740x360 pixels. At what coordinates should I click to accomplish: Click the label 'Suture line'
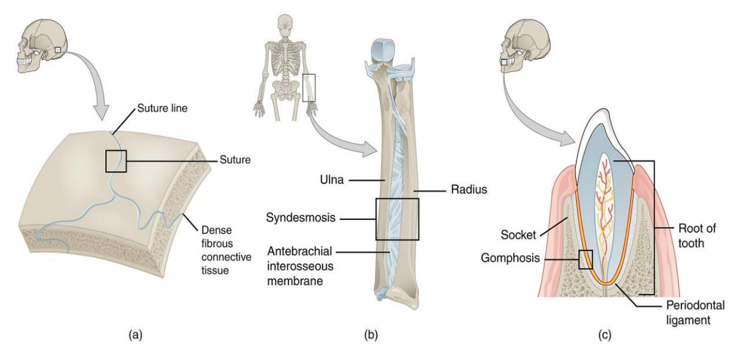coord(162,108)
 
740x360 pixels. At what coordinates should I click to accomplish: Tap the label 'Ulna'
coord(332,180)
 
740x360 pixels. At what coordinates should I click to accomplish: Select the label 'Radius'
coord(469,189)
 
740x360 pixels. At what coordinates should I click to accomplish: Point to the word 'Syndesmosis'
coord(301,217)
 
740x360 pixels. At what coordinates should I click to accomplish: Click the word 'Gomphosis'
coord(510,258)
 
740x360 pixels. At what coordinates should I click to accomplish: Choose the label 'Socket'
coord(518,235)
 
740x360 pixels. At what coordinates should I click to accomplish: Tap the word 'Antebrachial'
coord(299,251)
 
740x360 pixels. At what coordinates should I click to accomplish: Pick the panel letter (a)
coord(135,335)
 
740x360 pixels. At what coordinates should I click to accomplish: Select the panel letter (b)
coord(371,335)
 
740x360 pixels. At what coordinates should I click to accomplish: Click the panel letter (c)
coord(605,335)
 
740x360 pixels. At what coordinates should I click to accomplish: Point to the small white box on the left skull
coord(58,50)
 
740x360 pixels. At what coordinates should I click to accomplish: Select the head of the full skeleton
coord(284,25)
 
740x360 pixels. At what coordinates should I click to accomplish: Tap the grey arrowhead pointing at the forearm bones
coord(370,149)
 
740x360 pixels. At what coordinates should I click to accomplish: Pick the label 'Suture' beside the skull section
coord(235,160)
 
